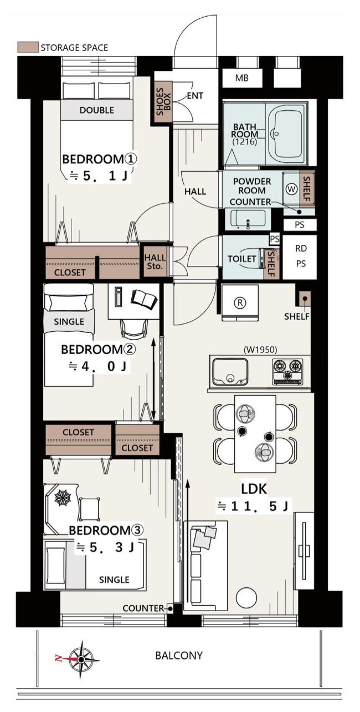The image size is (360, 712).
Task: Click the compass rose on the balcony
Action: pos(81,659)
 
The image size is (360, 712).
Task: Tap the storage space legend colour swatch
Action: pos(28,47)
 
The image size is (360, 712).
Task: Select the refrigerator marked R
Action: pos(240,303)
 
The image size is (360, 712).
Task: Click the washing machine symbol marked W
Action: pos(291,189)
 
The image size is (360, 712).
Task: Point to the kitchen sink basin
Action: pos(230,371)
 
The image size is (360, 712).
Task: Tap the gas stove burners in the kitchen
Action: pos(287,371)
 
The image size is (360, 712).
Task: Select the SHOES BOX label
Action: pos(163,102)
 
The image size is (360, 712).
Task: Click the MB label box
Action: pos(242,78)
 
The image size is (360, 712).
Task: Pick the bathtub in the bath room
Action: pos(286,134)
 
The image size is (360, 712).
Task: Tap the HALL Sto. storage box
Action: pos(155,262)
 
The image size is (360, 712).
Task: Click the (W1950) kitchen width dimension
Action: pos(260,350)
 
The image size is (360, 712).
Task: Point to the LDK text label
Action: pos(254,489)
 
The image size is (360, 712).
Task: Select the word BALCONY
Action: pos(179,655)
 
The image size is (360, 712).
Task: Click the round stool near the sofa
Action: pos(246,597)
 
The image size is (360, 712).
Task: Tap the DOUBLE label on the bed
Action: pos(97,110)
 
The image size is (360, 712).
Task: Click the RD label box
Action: pos(301,248)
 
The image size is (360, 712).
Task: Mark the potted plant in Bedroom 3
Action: pos(63,496)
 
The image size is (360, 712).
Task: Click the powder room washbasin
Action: pos(248,219)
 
